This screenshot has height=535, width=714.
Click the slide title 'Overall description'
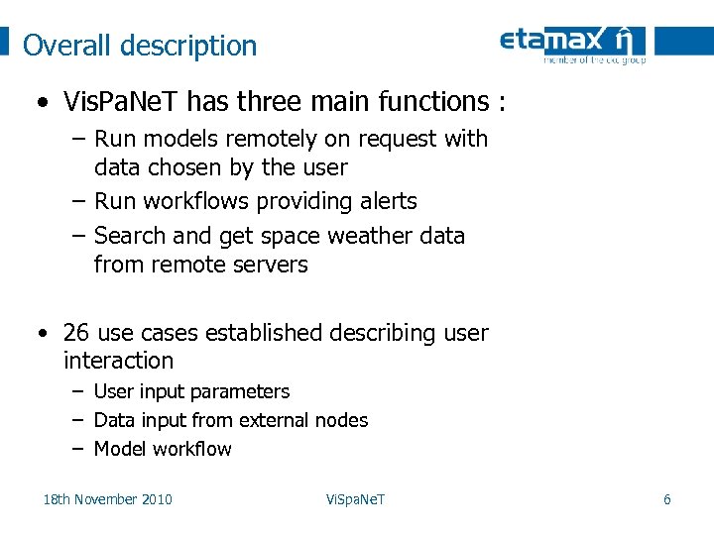point(140,46)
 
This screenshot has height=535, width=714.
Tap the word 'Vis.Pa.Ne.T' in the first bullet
point(121,101)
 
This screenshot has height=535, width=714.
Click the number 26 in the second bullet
point(76,332)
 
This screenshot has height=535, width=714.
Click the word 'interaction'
point(118,361)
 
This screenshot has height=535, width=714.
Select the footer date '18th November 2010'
point(107,499)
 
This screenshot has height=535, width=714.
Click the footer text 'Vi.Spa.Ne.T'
point(355,499)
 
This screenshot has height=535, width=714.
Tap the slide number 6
point(666,499)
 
